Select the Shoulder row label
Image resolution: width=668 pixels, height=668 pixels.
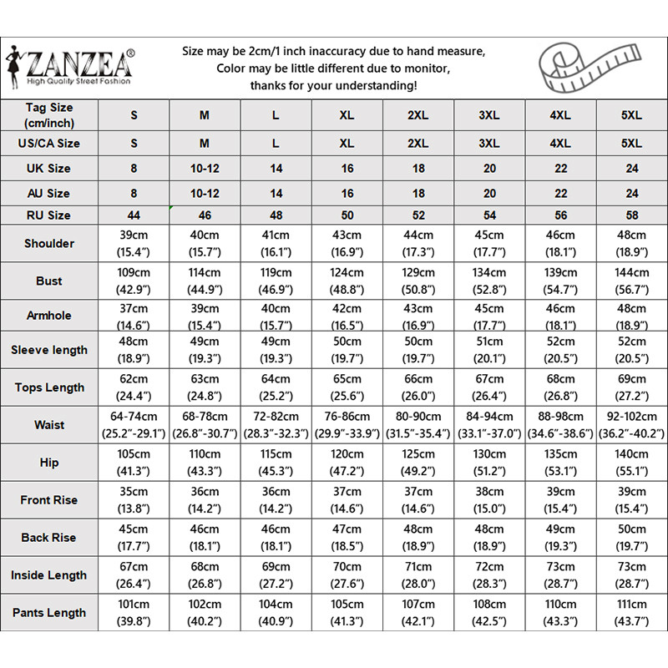(x=49, y=244)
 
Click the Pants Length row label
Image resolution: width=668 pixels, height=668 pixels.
(x=49, y=613)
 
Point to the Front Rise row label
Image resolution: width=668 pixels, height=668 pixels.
(x=49, y=500)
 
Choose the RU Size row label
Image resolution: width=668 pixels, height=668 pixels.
(x=49, y=215)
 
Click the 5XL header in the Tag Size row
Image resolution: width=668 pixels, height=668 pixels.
(x=632, y=115)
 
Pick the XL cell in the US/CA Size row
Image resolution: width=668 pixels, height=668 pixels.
(x=347, y=144)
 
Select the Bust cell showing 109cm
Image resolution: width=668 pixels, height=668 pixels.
(x=134, y=281)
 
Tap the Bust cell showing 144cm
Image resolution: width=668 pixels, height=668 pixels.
(x=632, y=281)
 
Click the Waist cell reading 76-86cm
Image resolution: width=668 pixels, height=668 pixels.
(x=347, y=425)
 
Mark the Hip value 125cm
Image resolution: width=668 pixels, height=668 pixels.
(x=418, y=463)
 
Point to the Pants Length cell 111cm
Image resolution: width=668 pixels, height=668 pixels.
(x=632, y=613)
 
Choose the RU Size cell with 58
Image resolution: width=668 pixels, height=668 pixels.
(x=632, y=215)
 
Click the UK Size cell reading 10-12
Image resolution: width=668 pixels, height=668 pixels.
(x=205, y=169)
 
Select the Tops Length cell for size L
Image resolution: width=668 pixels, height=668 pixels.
(x=276, y=387)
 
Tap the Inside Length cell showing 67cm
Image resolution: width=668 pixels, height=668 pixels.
(x=134, y=575)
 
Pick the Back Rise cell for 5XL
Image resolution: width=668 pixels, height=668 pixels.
(x=632, y=538)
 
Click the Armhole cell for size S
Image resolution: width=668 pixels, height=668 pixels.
(x=134, y=319)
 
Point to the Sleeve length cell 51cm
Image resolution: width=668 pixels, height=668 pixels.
(x=489, y=350)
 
